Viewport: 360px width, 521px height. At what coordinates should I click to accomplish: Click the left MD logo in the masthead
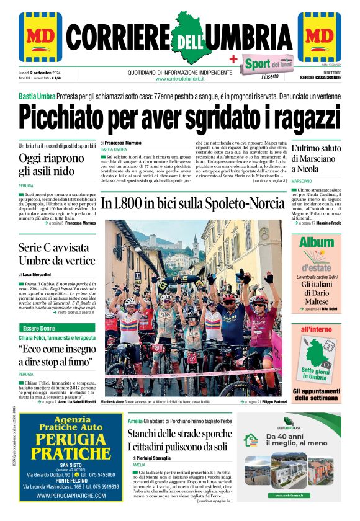point(40,37)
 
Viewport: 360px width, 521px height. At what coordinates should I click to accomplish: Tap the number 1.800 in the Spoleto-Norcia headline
point(128,203)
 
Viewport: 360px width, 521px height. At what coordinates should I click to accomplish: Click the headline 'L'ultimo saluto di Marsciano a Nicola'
point(317,158)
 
